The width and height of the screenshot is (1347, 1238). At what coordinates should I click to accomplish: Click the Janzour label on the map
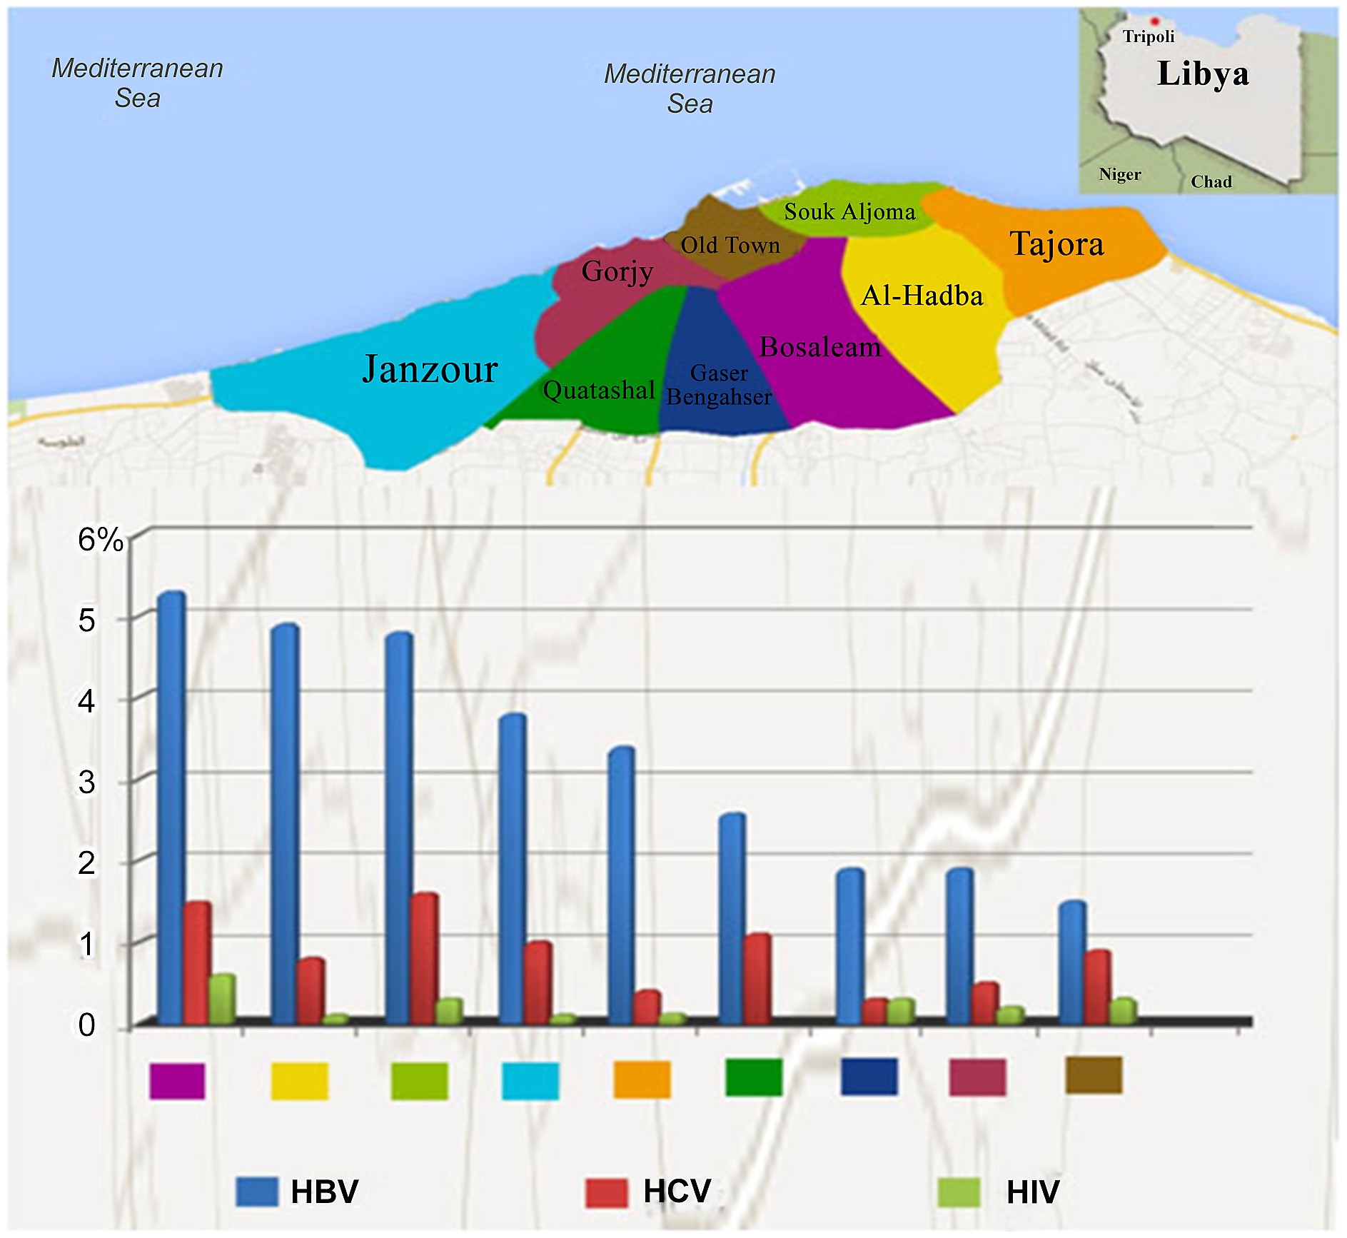tap(429, 369)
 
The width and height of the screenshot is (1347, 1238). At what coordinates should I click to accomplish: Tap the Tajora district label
tap(1056, 244)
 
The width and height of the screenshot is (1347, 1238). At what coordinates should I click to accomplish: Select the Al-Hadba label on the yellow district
tap(922, 296)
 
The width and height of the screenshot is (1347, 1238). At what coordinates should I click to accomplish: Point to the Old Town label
tap(730, 246)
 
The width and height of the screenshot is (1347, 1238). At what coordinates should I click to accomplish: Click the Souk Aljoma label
tap(849, 212)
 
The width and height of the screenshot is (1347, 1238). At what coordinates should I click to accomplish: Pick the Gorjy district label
tap(617, 272)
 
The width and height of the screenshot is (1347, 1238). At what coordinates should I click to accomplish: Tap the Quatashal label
tap(598, 390)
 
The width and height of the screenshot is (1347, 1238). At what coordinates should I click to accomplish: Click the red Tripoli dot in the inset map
tap(1154, 21)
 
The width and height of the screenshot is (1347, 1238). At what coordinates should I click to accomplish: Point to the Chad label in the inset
tap(1211, 181)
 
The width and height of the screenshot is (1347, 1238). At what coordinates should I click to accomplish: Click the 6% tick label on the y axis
tap(100, 540)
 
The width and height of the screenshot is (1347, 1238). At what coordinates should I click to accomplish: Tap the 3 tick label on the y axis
tap(86, 782)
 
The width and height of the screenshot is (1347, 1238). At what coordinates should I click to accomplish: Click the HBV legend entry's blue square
tap(256, 1192)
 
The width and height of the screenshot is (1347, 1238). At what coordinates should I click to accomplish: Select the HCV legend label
tap(676, 1191)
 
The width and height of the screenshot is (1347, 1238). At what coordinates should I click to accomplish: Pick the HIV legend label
tap(1032, 1192)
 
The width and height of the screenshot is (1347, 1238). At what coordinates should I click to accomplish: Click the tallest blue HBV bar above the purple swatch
tap(171, 807)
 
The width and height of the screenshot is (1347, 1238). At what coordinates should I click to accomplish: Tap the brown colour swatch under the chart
tap(1093, 1075)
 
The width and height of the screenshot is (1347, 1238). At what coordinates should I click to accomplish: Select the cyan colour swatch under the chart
tap(530, 1081)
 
